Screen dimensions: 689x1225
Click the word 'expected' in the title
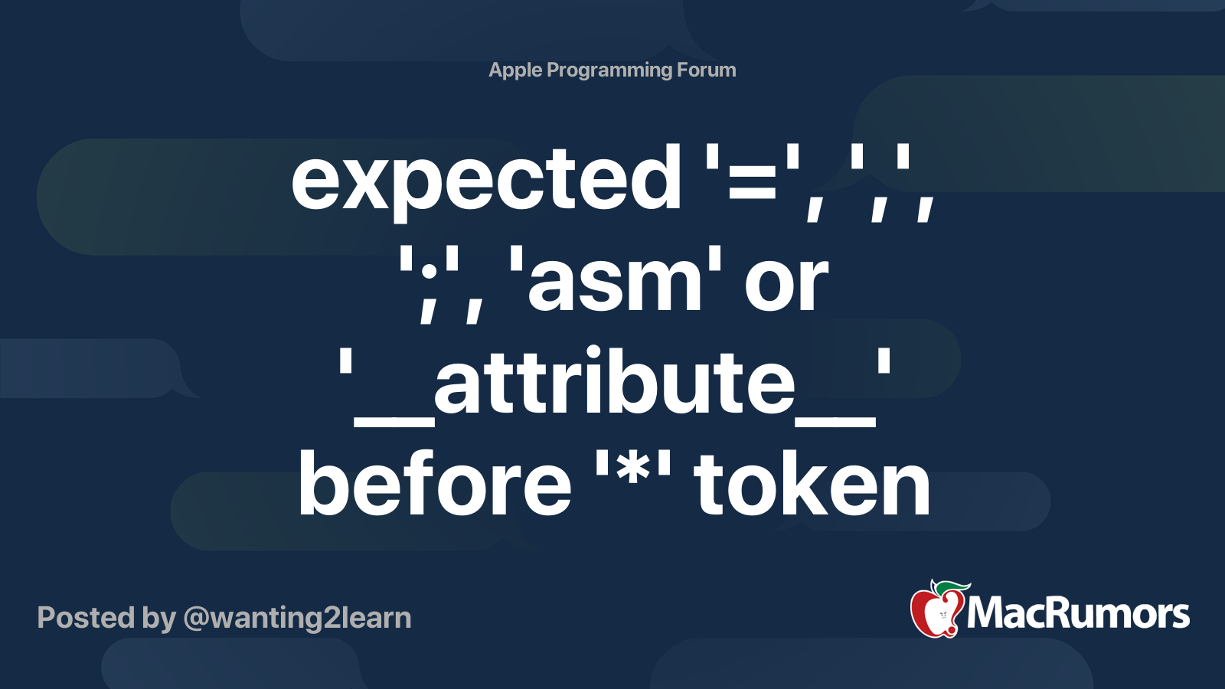[485, 181]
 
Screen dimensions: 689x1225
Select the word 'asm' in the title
[616, 283]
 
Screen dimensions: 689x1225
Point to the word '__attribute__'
[615, 383]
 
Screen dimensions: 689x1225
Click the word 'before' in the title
[434, 484]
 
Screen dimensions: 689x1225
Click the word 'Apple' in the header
[514, 70]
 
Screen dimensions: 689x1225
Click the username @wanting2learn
[297, 618]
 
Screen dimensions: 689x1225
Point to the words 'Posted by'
[106, 618]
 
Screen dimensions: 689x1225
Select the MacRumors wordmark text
[1078, 614]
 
